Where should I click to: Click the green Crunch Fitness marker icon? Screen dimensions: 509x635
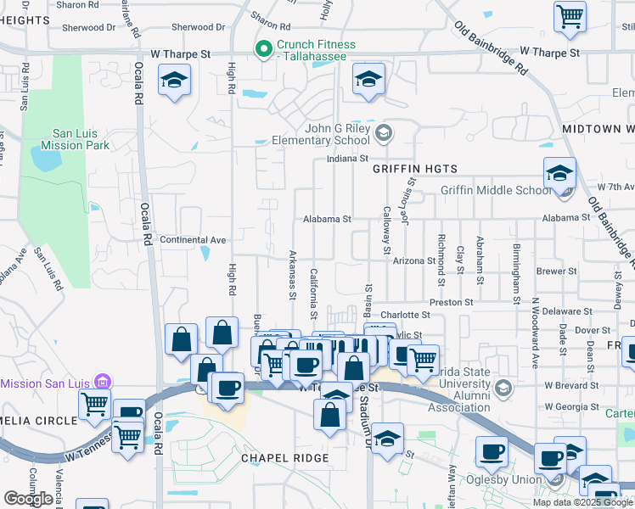point(264,48)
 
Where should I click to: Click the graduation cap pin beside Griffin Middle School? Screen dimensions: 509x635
point(560,175)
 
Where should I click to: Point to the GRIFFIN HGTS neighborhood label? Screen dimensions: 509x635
point(415,169)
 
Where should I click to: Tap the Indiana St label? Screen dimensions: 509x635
point(348,159)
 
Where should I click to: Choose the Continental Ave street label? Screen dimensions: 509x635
point(193,240)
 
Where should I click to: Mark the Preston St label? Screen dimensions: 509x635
point(451,302)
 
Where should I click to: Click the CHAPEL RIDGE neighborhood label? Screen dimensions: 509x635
point(284,458)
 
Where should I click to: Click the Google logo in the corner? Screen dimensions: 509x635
point(28,499)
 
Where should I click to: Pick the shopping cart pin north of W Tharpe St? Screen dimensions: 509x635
point(570,17)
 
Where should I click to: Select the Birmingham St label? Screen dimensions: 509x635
point(515,273)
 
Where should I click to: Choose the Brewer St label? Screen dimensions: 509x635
point(561,271)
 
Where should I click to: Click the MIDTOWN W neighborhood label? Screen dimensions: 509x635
point(598,129)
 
